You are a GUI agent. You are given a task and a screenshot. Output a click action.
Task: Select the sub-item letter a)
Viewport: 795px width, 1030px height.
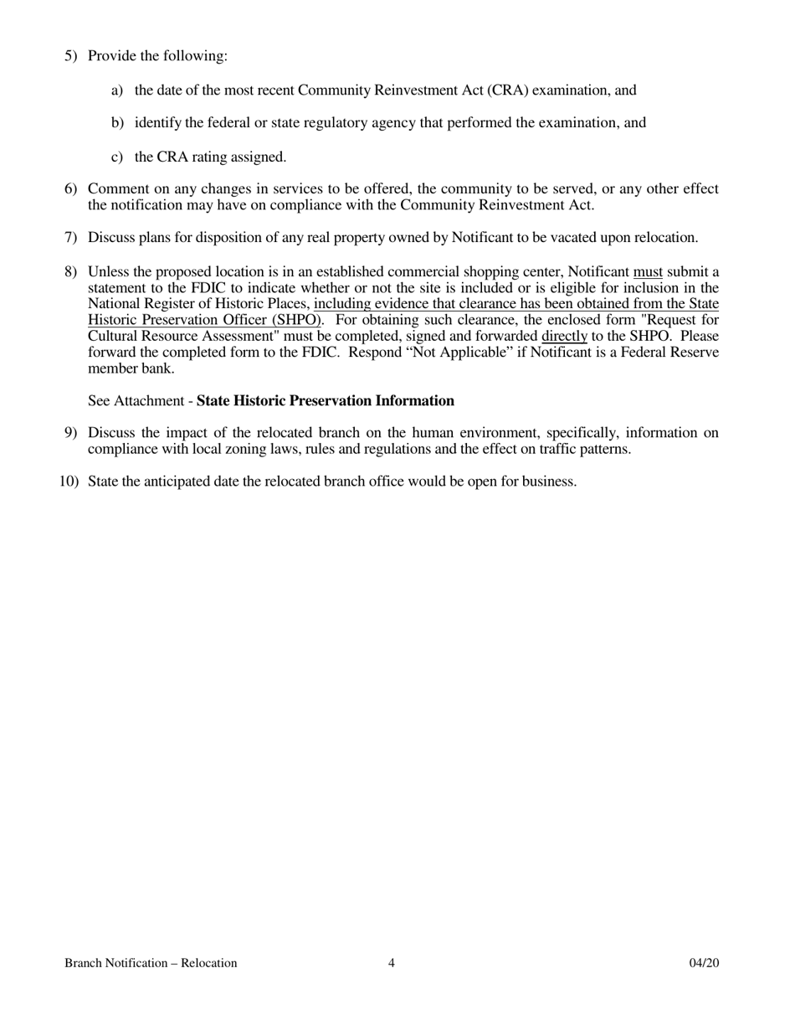pos(117,90)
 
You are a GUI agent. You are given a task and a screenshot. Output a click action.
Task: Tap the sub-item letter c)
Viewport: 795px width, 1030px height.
pos(117,157)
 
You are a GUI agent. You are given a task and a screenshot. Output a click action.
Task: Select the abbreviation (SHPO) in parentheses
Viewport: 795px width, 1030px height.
pos(292,320)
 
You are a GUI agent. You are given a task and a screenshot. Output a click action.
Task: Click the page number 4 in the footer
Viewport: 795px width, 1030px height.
pos(392,963)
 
